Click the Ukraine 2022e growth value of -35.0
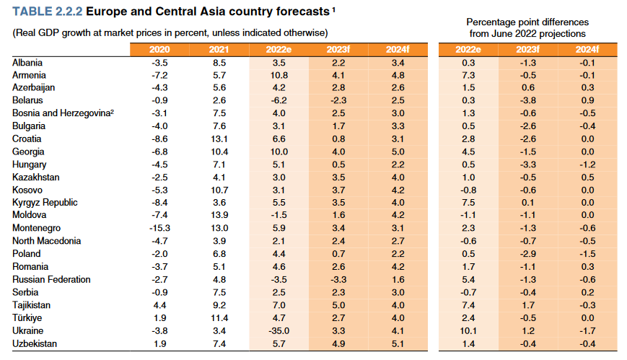coord(278,331)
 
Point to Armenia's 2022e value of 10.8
coord(278,75)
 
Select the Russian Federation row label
coord(52,280)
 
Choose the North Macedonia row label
coord(46,241)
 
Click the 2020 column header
coord(159,49)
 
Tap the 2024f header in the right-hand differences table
coord(587,49)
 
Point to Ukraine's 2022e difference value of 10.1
coord(468,331)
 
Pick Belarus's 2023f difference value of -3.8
coord(527,100)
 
